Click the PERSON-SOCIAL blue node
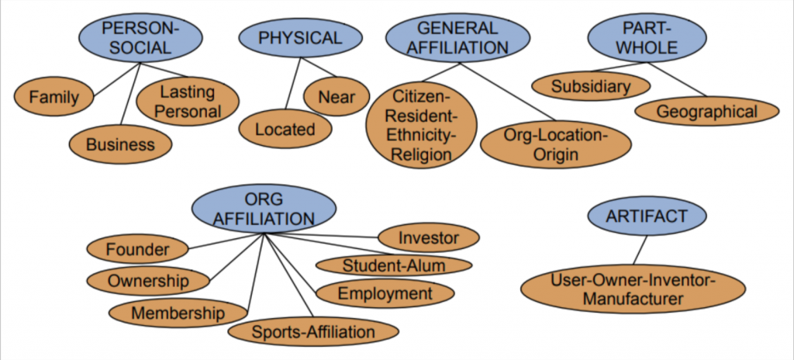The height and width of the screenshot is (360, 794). pyautogui.click(x=140, y=38)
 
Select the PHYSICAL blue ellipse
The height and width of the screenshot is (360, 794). pyautogui.click(x=300, y=38)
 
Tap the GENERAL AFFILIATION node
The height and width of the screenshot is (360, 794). pyautogui.click(x=457, y=38)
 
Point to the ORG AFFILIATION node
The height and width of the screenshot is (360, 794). pyautogui.click(x=264, y=210)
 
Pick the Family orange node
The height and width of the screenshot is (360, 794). pyautogui.click(x=54, y=98)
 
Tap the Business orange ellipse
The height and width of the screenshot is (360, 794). pyautogui.click(x=120, y=144)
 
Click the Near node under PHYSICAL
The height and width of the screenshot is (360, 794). pyautogui.click(x=336, y=97)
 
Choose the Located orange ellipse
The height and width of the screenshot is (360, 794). pyautogui.click(x=285, y=129)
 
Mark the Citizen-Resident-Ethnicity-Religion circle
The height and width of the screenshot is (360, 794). pyautogui.click(x=421, y=126)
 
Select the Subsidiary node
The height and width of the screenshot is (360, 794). pyautogui.click(x=591, y=87)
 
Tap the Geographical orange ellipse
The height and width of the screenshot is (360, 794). pyautogui.click(x=706, y=112)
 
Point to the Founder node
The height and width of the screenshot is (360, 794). pyautogui.click(x=137, y=250)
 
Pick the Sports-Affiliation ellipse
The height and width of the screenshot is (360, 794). pyautogui.click(x=312, y=332)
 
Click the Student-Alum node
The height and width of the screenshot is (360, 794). pyautogui.click(x=394, y=265)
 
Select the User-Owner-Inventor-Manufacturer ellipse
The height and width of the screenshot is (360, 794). pyautogui.click(x=633, y=288)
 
